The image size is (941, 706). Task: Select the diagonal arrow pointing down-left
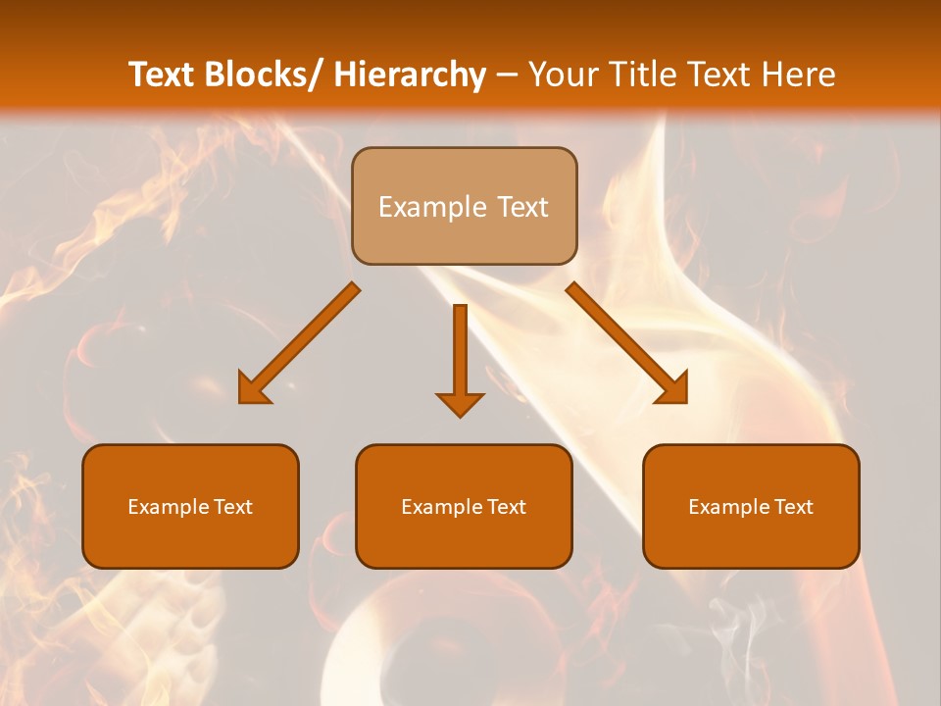click(299, 343)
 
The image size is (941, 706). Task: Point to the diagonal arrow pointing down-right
click(627, 343)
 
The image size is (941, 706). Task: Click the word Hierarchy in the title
click(410, 75)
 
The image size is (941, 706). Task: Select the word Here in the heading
click(799, 75)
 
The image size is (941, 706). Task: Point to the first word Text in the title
click(163, 75)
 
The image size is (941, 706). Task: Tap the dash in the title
click(507, 76)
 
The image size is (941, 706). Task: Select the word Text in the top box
click(521, 208)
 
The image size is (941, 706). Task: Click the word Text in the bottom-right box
click(792, 507)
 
